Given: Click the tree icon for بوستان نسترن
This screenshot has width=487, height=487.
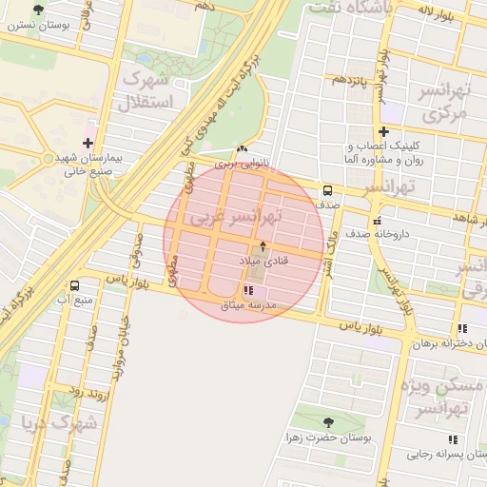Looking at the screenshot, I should (38, 10).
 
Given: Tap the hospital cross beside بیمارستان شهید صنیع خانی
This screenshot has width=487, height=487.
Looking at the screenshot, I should (88, 143).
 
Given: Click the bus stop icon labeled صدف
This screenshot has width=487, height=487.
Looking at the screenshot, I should (327, 189).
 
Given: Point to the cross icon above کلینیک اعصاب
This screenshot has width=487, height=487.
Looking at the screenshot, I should (383, 131).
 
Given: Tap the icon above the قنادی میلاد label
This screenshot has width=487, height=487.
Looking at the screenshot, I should (263, 246).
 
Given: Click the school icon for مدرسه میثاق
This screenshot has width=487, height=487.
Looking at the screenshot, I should (248, 290).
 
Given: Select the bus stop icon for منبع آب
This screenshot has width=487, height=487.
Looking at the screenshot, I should (74, 285).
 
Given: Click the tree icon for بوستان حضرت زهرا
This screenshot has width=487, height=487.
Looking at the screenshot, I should (328, 422).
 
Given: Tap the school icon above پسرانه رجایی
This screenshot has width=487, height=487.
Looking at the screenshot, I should (453, 439).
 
